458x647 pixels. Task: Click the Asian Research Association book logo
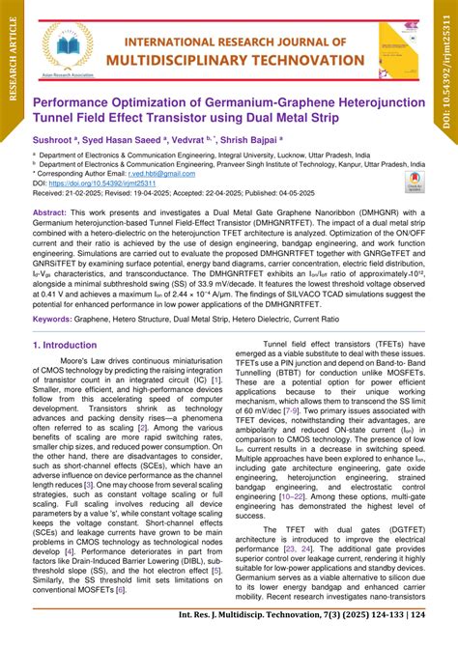click(x=67, y=46)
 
